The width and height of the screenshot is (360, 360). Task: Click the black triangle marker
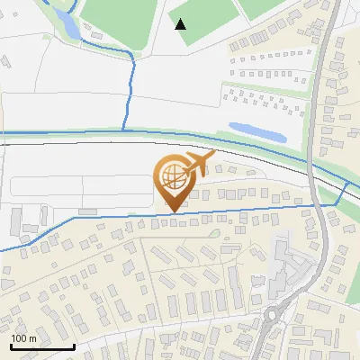click(181, 24)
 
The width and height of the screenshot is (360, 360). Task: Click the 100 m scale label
click(23, 338)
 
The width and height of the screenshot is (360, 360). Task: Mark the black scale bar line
click(41, 346)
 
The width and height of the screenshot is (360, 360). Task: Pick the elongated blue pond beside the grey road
click(256, 132)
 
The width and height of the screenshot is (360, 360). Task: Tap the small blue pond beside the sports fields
click(66, 22)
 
